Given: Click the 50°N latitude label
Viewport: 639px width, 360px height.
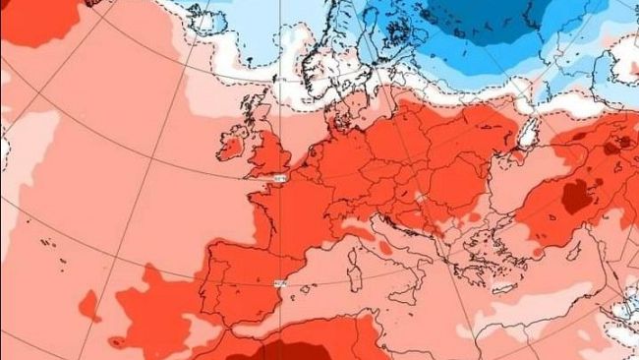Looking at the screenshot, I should point(280,180).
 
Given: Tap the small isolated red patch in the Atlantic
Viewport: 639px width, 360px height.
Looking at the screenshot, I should point(88,306).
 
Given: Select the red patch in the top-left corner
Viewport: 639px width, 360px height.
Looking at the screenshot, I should point(39,20).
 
